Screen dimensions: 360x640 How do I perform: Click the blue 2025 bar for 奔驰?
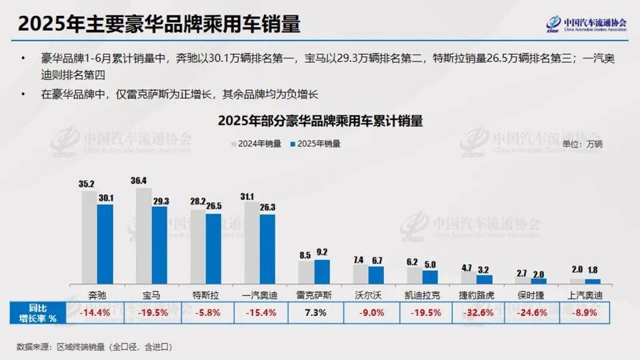[x=105, y=244]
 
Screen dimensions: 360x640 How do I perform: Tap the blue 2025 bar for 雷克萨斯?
[x=322, y=271]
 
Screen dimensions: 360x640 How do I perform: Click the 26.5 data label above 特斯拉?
[x=213, y=207]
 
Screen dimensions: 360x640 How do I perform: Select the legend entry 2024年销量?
[x=256, y=143]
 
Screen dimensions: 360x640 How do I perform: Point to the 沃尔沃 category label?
[x=369, y=293]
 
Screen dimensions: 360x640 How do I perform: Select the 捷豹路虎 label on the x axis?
[x=478, y=293]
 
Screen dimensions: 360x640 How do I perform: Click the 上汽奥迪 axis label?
[x=586, y=293]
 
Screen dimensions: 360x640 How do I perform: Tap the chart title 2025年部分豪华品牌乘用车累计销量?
[x=320, y=122]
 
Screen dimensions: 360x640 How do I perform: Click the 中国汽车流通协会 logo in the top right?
[x=587, y=24]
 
